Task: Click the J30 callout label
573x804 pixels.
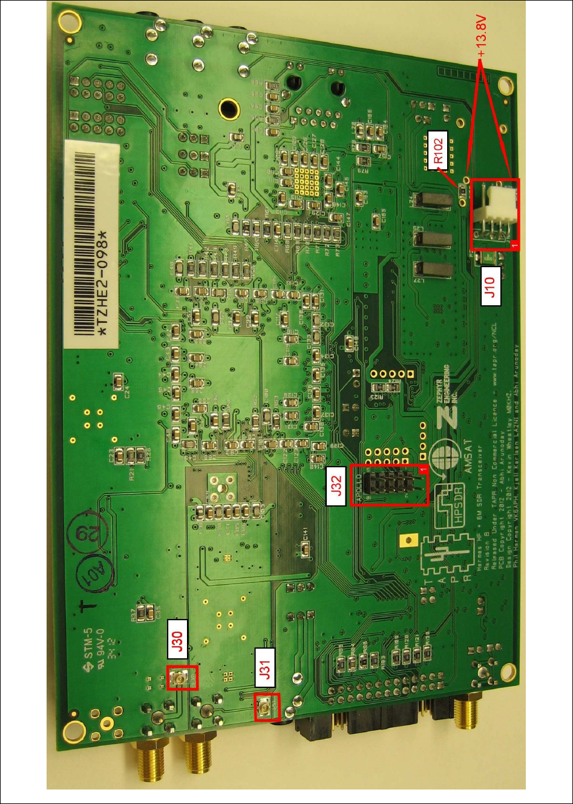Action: [x=177, y=642]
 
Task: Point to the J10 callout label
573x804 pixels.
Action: [x=491, y=285]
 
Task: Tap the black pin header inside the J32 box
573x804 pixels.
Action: [x=393, y=484]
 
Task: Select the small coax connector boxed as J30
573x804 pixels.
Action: [x=180, y=679]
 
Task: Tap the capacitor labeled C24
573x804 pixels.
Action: [x=120, y=381]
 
